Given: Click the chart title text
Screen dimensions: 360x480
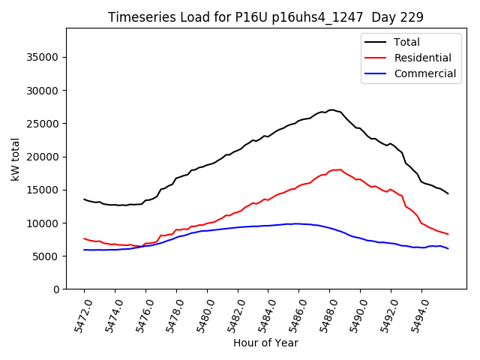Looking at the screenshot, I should pos(265,17).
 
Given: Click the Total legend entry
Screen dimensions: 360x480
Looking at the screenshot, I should pos(406,42).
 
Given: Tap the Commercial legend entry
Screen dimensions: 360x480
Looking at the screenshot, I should pos(424,73).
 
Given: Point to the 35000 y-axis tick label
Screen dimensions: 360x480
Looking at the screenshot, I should pos(43,58).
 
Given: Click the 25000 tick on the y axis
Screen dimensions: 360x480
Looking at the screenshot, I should pos(43,124).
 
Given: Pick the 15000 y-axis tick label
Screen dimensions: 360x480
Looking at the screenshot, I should pos(43,190).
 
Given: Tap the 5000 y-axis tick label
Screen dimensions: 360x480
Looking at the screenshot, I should pos(46,256).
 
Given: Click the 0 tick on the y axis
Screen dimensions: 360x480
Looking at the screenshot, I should pos(56,289).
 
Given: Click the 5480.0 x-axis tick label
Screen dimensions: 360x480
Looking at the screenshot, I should pos(199,312).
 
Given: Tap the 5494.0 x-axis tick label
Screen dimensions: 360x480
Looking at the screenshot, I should pos(414,312).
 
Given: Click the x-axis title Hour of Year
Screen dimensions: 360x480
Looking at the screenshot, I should pos(265,343).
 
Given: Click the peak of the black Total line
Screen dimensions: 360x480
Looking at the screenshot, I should pos(331,109).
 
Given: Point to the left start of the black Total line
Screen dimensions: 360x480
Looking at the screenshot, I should pos(84,199).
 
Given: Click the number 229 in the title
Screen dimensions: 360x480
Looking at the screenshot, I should pos(413,17).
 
